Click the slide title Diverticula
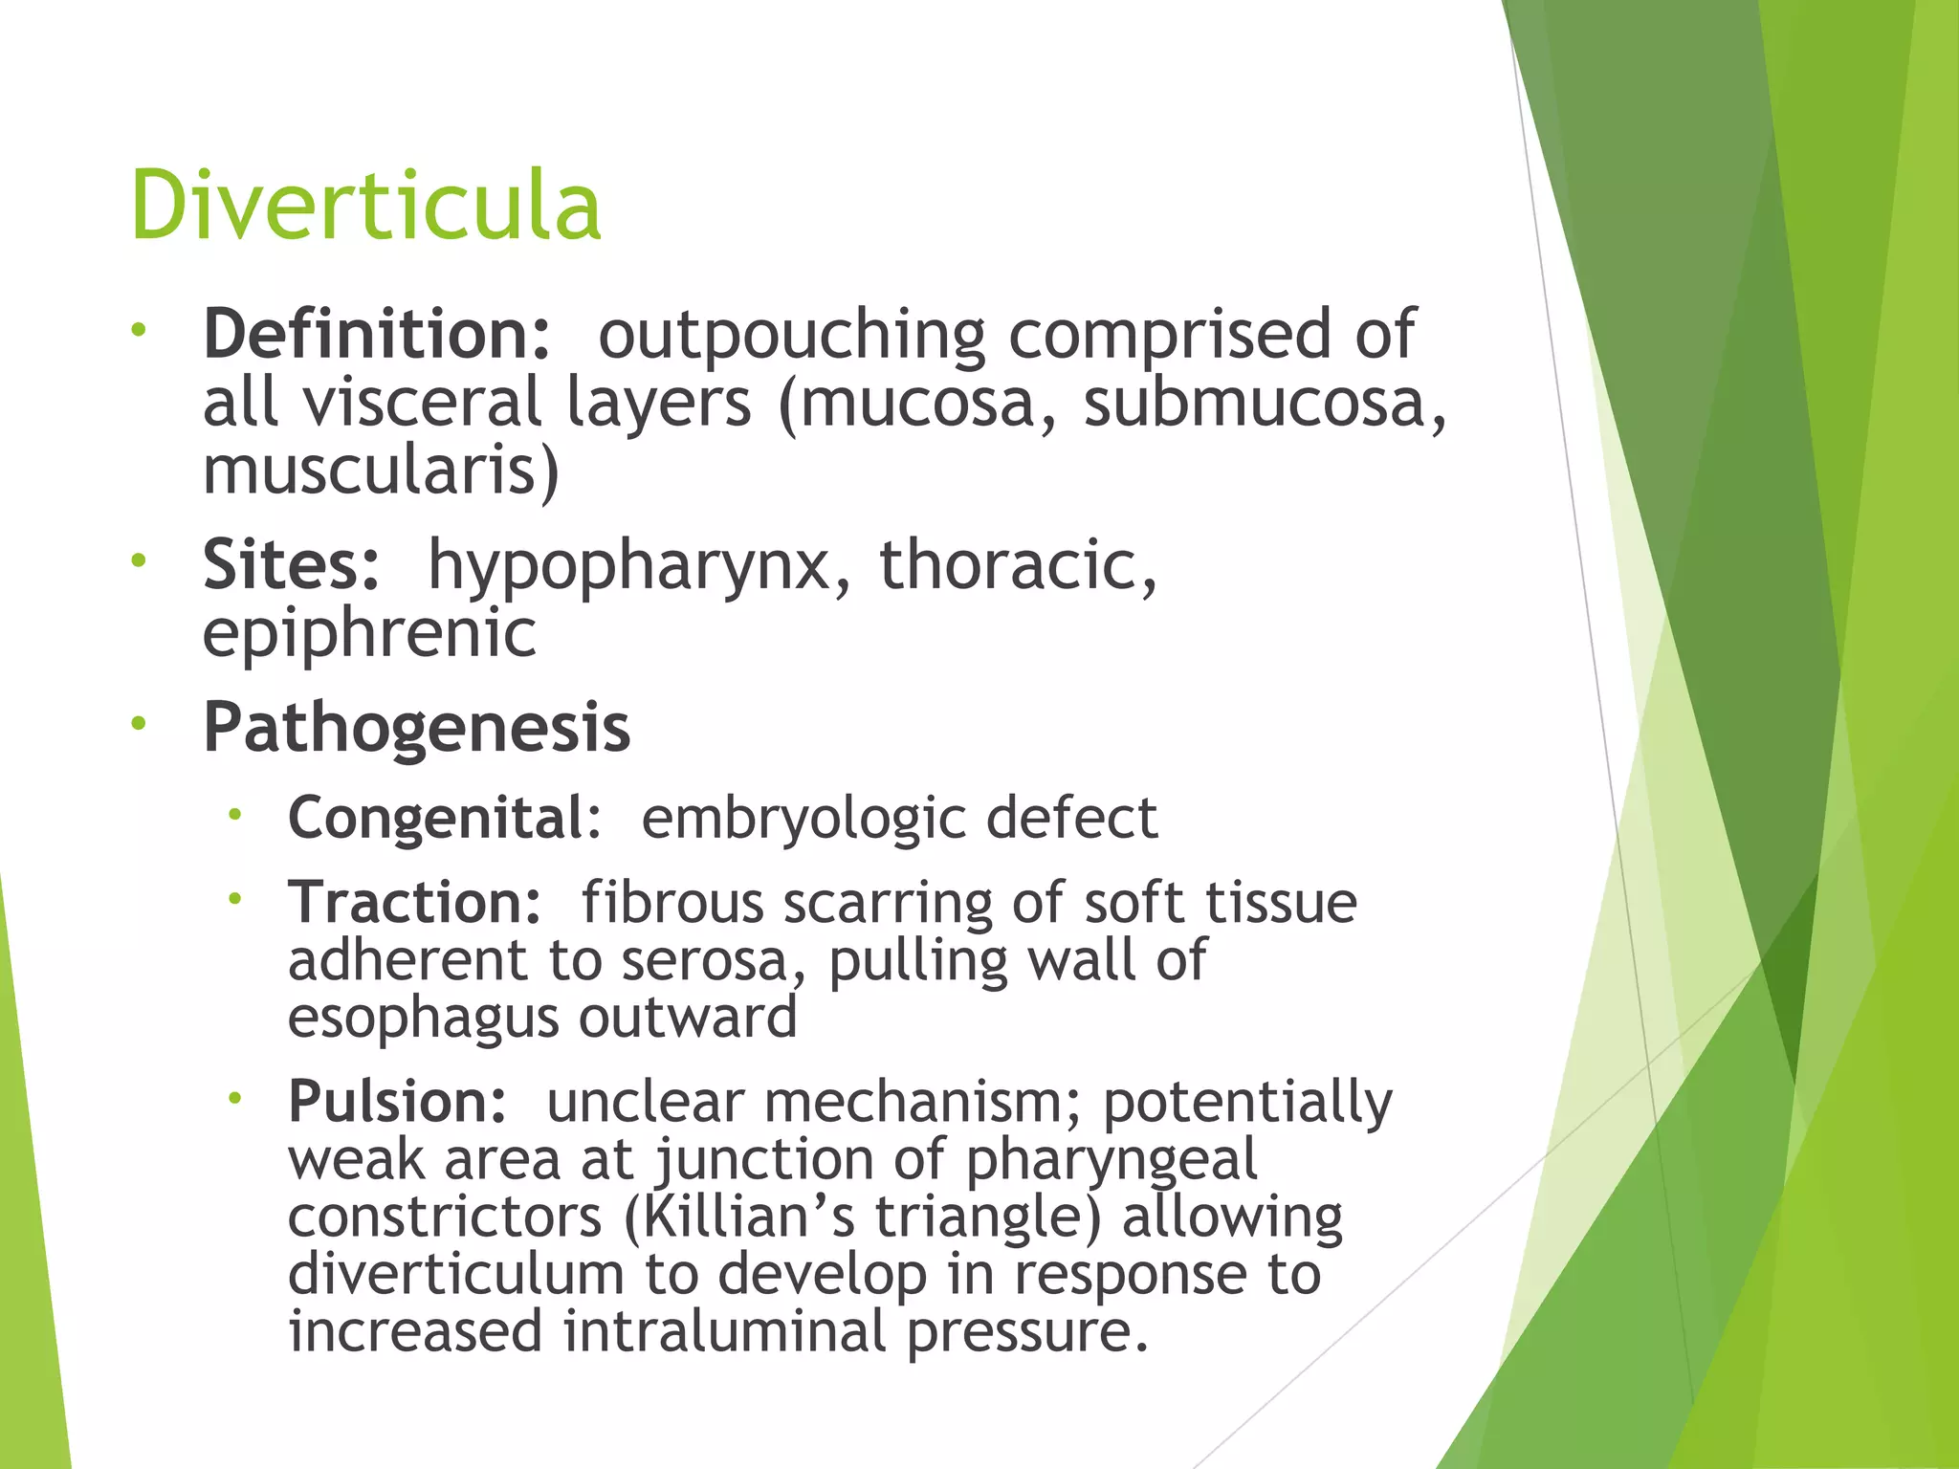(365, 204)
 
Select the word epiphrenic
(369, 632)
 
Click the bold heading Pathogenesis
(417, 728)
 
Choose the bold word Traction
(414, 902)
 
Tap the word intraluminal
(724, 1331)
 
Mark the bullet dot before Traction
(234, 899)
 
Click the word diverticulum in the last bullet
(455, 1274)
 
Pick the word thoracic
(1018, 564)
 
